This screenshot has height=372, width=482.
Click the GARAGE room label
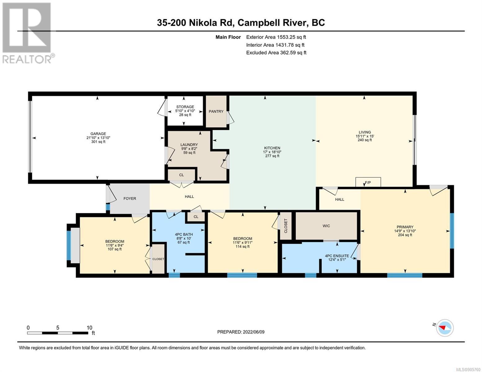click(x=98, y=134)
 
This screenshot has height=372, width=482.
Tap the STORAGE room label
click(x=185, y=107)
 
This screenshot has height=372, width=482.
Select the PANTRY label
click(x=216, y=111)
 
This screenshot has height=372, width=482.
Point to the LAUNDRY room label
click(x=189, y=145)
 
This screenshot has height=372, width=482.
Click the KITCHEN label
click(x=272, y=148)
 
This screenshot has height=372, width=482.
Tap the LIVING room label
click(x=364, y=132)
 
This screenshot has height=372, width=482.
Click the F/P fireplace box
click(x=368, y=182)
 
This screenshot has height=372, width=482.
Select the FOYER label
click(x=130, y=198)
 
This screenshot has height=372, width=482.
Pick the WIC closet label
click(x=326, y=226)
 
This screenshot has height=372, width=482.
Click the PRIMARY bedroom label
click(x=405, y=227)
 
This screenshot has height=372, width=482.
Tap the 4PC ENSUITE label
click(x=337, y=256)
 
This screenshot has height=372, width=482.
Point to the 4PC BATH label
click(x=184, y=234)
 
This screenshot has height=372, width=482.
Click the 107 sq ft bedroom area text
click(x=115, y=249)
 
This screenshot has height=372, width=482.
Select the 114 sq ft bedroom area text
click(x=242, y=246)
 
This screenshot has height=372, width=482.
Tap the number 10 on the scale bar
click(x=89, y=328)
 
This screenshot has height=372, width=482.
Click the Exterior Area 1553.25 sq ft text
click(x=276, y=37)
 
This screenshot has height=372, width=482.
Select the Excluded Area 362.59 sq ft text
click(x=276, y=53)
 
